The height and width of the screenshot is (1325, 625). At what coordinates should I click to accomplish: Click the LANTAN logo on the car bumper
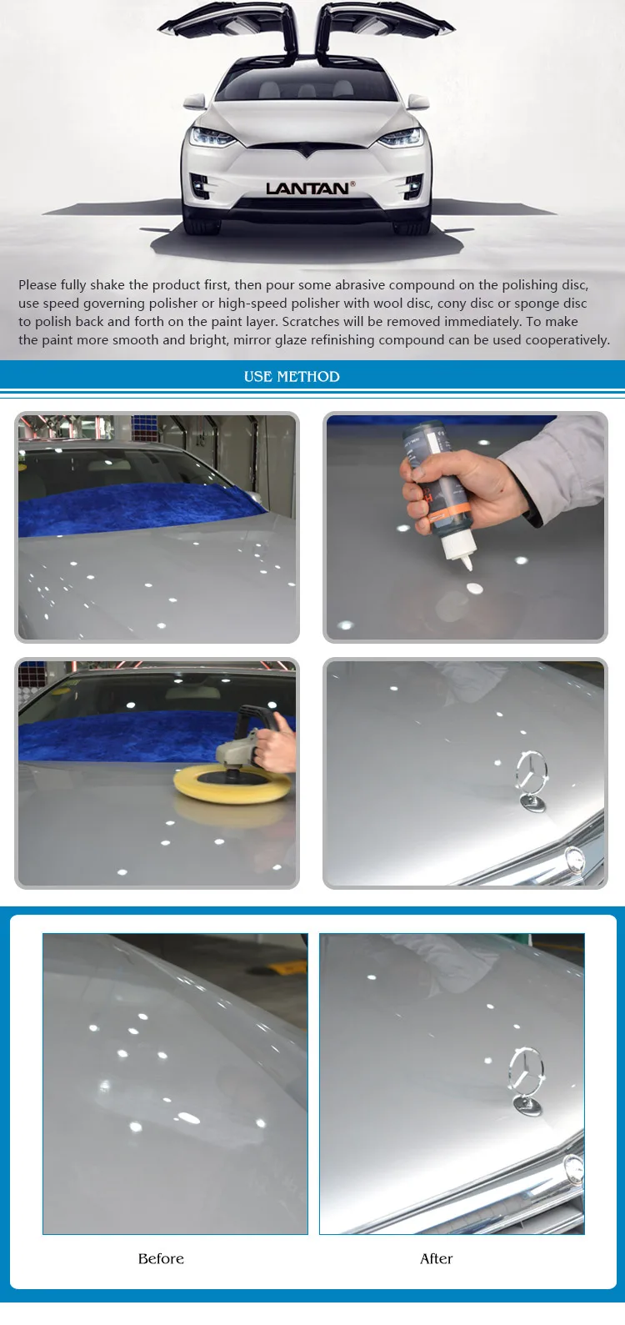307,188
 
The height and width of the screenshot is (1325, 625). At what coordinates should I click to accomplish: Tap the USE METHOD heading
292,377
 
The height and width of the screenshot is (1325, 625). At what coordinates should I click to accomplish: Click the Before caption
161,1259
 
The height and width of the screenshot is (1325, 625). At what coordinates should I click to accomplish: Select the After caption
437,1259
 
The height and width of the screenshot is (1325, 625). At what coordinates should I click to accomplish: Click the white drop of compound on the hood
475,589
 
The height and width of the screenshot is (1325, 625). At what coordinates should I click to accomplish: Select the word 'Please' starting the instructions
37,285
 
